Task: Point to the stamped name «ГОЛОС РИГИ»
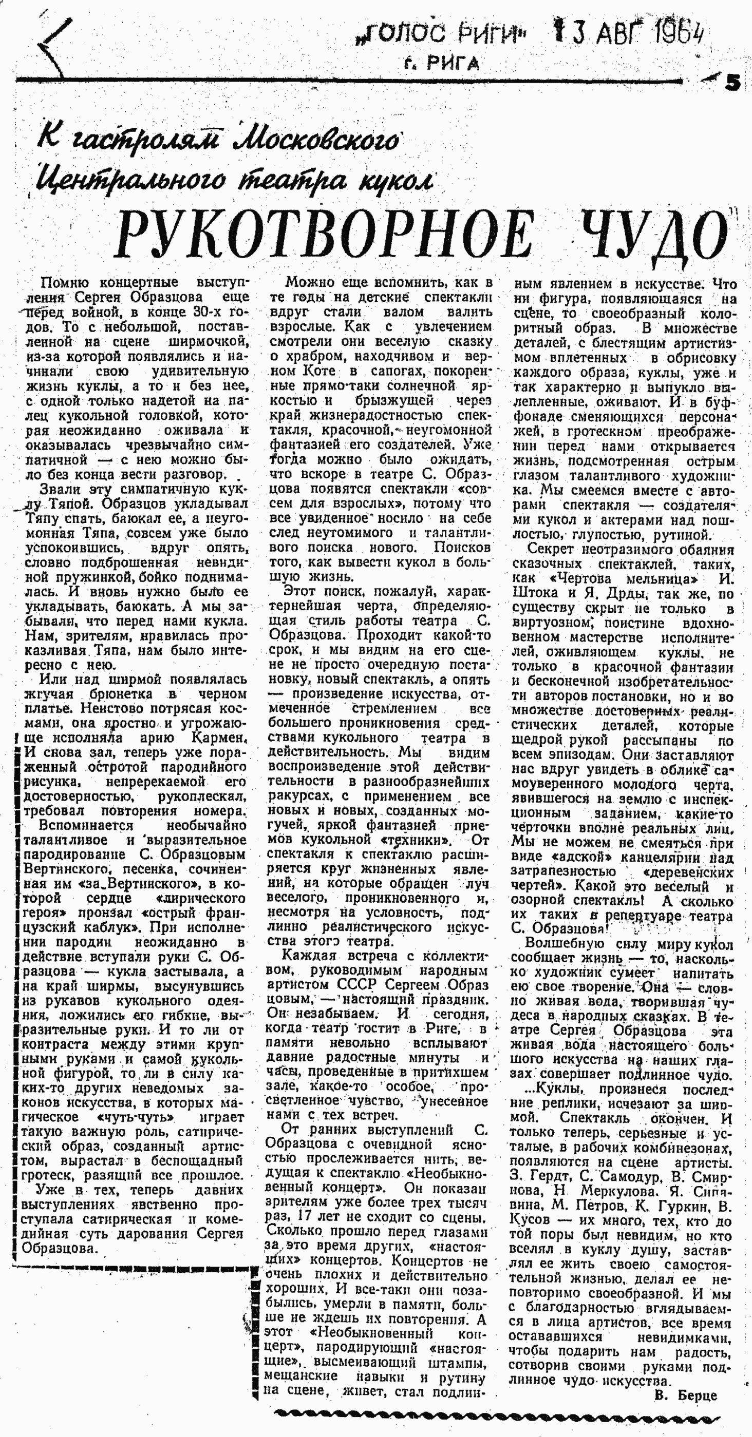click(x=442, y=36)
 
